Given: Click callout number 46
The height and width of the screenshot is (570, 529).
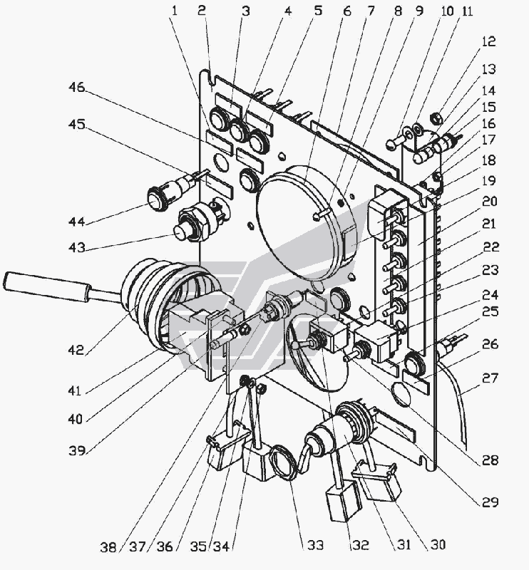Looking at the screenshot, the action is coord(76,88).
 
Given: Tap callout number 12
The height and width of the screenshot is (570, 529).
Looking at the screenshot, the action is coord(488,41).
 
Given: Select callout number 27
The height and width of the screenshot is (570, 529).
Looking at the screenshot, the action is coord(490,378).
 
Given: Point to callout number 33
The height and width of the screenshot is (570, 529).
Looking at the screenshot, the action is coord(315,545).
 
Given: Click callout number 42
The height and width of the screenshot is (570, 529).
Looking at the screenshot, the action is coord(76,350).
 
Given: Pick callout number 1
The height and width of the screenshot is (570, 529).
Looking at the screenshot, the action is coord(175,11).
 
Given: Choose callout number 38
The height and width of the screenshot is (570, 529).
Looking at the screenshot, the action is coord(108,546).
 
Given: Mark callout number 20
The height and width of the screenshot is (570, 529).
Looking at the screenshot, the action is coord(489,201).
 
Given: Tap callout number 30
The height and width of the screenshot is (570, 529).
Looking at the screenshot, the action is coord(438,544).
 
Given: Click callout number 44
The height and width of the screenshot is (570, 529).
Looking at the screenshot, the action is coord(76,222).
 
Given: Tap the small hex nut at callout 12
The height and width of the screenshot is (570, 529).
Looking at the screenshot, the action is coord(436,118).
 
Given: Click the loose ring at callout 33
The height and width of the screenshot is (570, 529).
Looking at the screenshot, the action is coord(285,463).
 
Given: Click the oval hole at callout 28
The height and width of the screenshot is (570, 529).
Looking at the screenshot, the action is coord(401,395).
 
